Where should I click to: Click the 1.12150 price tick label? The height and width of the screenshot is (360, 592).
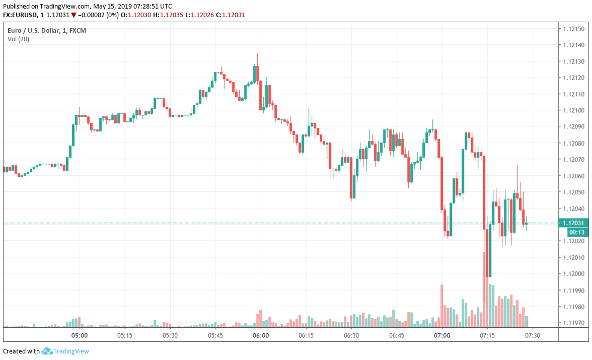click(x=574, y=28)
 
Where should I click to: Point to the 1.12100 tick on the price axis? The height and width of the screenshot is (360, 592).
click(x=574, y=110)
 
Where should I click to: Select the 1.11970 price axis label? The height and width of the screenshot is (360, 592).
click(x=574, y=323)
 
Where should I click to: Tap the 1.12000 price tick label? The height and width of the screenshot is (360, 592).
click(x=574, y=274)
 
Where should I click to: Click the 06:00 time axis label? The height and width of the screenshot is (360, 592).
click(x=261, y=335)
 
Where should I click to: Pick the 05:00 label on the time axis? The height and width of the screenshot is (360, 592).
click(x=80, y=335)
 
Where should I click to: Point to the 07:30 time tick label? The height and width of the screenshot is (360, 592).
click(x=533, y=335)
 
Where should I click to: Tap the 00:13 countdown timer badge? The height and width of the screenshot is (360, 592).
click(x=576, y=232)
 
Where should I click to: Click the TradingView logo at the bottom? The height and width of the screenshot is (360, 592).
click(x=65, y=351)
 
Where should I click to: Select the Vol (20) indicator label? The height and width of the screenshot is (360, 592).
click(x=18, y=39)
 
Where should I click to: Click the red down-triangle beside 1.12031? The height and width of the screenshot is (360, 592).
click(x=73, y=15)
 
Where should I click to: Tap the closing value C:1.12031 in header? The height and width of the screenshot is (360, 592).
click(x=231, y=15)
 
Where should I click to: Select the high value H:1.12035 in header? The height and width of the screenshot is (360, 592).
click(x=171, y=15)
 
